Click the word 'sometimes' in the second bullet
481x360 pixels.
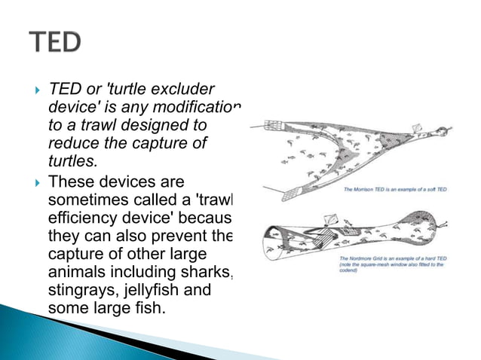84,200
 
